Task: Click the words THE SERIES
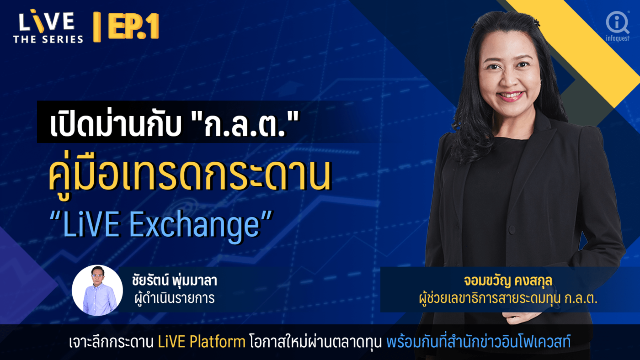click(x=48, y=39)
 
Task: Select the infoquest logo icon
click(x=618, y=22)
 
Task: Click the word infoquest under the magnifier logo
click(x=618, y=38)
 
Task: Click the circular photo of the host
click(x=97, y=291)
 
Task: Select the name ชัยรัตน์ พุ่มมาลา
click(x=175, y=281)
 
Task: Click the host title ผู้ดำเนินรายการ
click(x=175, y=298)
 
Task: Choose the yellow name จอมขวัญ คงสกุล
click(x=508, y=281)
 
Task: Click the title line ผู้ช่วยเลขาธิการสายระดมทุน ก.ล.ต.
click(x=508, y=298)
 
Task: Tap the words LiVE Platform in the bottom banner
click(x=202, y=342)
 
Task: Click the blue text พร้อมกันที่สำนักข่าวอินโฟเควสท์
click(x=479, y=341)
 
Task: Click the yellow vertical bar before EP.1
click(x=97, y=27)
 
